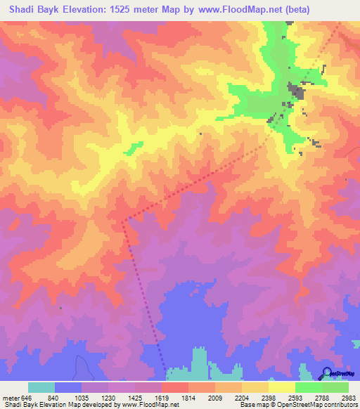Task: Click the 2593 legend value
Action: pyautogui.click(x=296, y=398)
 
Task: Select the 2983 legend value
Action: pyautogui.click(x=349, y=398)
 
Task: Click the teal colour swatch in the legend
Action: pyautogui.click(x=41, y=387)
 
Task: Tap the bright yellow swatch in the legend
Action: pyautogui.click(x=281, y=387)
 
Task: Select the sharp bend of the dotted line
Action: pyautogui.click(x=123, y=223)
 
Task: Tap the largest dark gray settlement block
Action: pyautogui.click(x=295, y=91)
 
